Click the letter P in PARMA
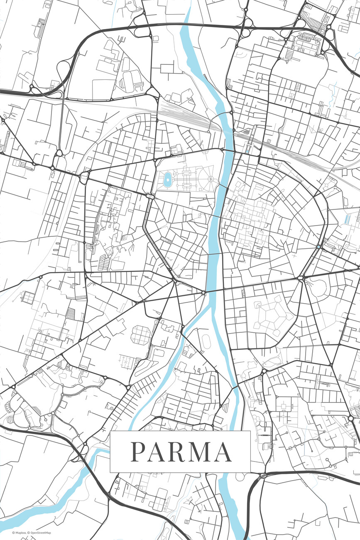click(x=139, y=452)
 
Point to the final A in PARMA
click(x=223, y=452)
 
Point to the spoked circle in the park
click(x=211, y=179)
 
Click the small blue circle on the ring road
click(x=318, y=247)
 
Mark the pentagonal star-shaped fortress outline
click(x=269, y=315)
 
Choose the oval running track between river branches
click(x=206, y=341)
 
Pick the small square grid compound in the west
click(x=29, y=297)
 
